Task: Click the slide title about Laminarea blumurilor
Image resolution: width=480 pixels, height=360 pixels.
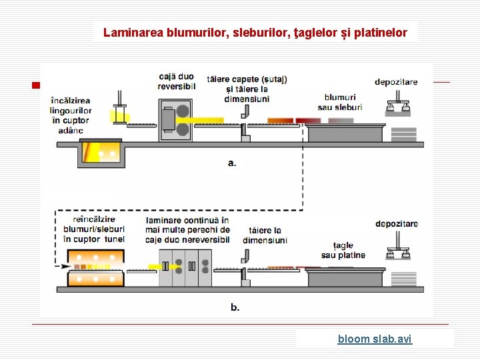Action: point(255,31)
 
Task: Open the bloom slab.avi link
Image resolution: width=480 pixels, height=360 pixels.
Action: point(375,339)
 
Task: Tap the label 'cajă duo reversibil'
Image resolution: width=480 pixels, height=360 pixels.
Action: point(177,81)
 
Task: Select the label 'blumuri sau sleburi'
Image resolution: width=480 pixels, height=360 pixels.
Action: point(340,102)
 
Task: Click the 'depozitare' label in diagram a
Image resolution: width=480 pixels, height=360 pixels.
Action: point(396,82)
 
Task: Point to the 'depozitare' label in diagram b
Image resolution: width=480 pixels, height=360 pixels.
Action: point(397,223)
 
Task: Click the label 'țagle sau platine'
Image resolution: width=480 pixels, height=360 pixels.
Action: point(343,250)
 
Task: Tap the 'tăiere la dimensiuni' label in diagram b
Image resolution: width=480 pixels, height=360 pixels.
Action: point(265,235)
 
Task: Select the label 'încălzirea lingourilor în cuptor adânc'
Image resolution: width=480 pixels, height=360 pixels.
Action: point(71,115)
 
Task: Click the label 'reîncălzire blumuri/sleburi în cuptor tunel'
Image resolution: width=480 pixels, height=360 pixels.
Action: point(89,229)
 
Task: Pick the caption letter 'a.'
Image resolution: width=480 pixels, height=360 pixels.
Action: point(232,163)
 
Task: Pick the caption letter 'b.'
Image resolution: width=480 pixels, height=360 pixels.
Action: point(235,307)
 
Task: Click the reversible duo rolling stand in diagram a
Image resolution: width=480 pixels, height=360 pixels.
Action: point(175,120)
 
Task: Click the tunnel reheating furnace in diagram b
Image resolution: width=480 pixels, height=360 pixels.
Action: point(95,267)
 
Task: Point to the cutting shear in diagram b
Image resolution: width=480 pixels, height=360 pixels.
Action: point(245,266)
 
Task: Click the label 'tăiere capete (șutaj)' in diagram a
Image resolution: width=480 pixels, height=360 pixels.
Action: point(247,79)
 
